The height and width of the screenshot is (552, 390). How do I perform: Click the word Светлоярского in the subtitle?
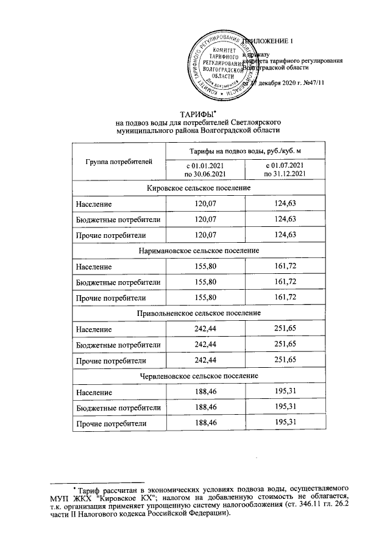(x=246, y=123)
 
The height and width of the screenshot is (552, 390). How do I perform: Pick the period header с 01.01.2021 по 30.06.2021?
(x=205, y=170)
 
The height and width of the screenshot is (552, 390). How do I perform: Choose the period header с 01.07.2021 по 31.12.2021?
(x=285, y=170)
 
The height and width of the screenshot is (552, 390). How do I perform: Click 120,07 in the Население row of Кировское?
(x=205, y=203)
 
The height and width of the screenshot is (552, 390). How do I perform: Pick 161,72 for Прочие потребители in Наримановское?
(x=285, y=297)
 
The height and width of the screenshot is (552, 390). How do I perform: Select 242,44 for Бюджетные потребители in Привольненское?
(x=205, y=345)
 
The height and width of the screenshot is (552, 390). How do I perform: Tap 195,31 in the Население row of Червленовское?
(x=285, y=391)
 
